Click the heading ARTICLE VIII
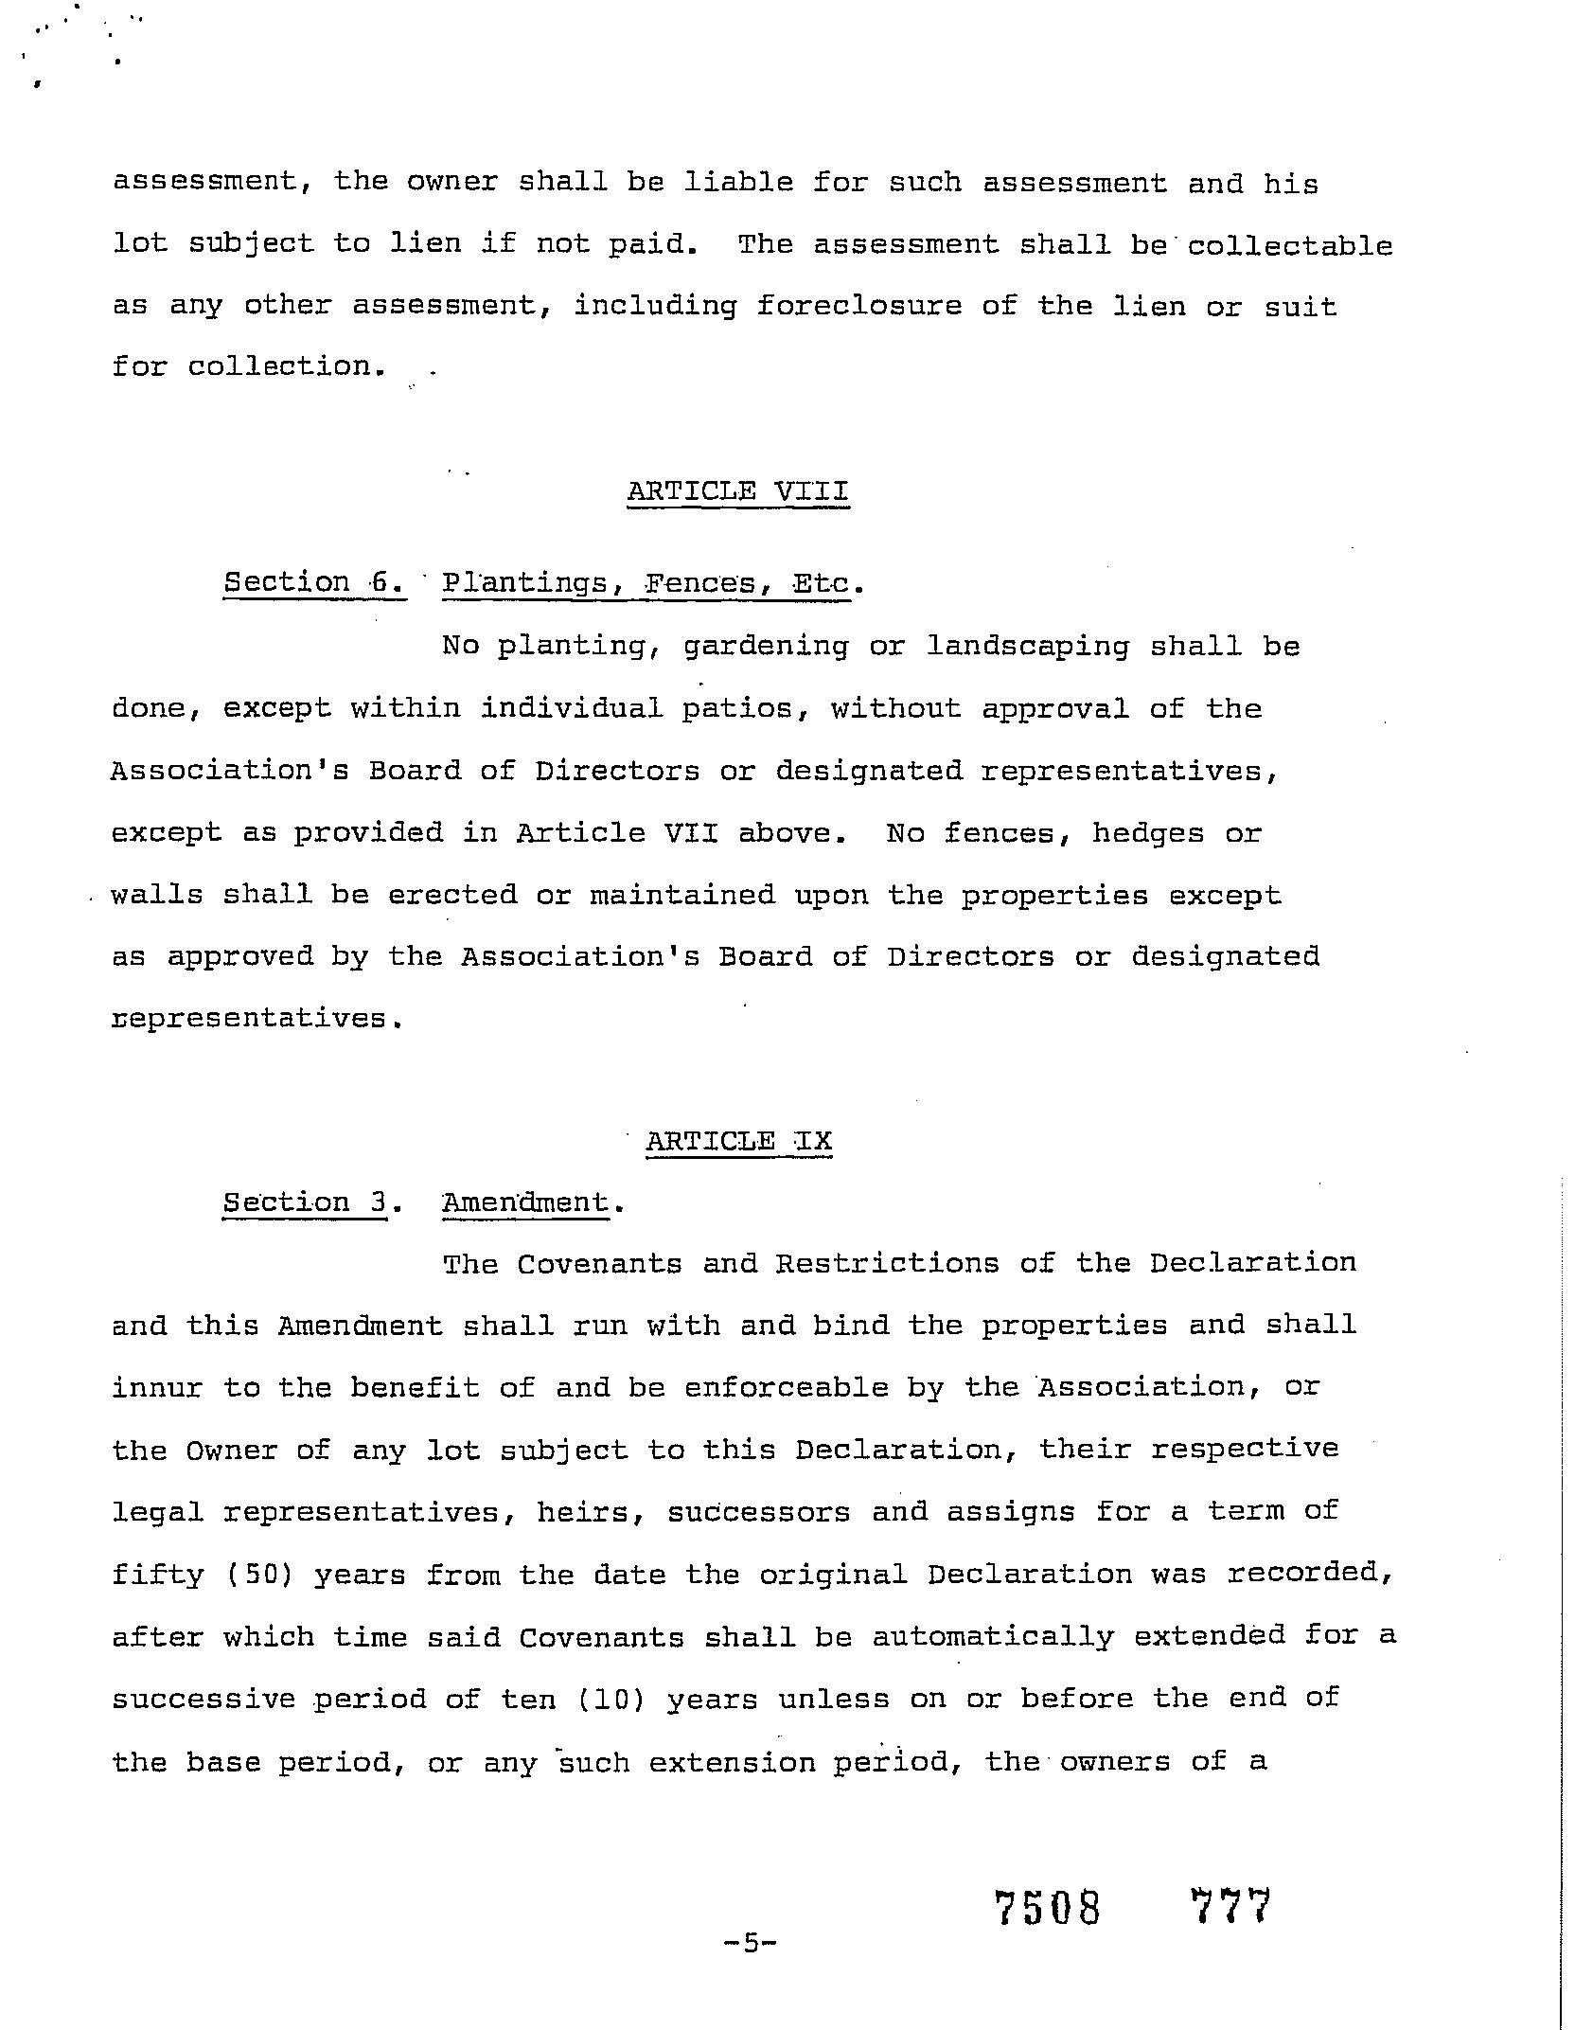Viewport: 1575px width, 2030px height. [x=737, y=491]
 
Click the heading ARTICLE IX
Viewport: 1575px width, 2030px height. [x=738, y=1141]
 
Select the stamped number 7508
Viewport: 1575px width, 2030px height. [x=1049, y=1908]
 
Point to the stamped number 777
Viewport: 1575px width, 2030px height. [x=1230, y=1906]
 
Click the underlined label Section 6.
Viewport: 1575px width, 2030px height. [x=314, y=582]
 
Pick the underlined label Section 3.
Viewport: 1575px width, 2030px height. [x=305, y=1202]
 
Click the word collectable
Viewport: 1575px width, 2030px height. [x=1290, y=246]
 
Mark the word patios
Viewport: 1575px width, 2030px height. [x=739, y=709]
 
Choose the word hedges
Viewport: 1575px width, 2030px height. [x=1148, y=834]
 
